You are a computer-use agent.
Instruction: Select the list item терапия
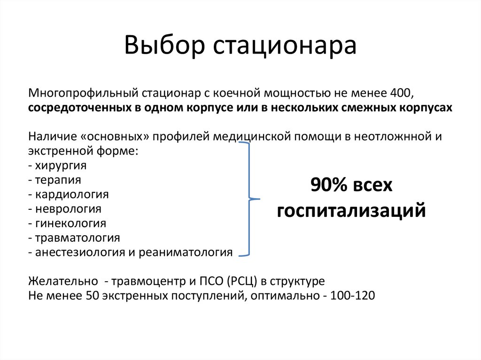(57, 180)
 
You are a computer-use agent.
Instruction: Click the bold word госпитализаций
(351, 211)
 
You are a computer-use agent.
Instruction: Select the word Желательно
(63, 282)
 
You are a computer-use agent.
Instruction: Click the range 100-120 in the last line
(352, 296)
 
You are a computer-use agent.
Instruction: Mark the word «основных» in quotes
(111, 137)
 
